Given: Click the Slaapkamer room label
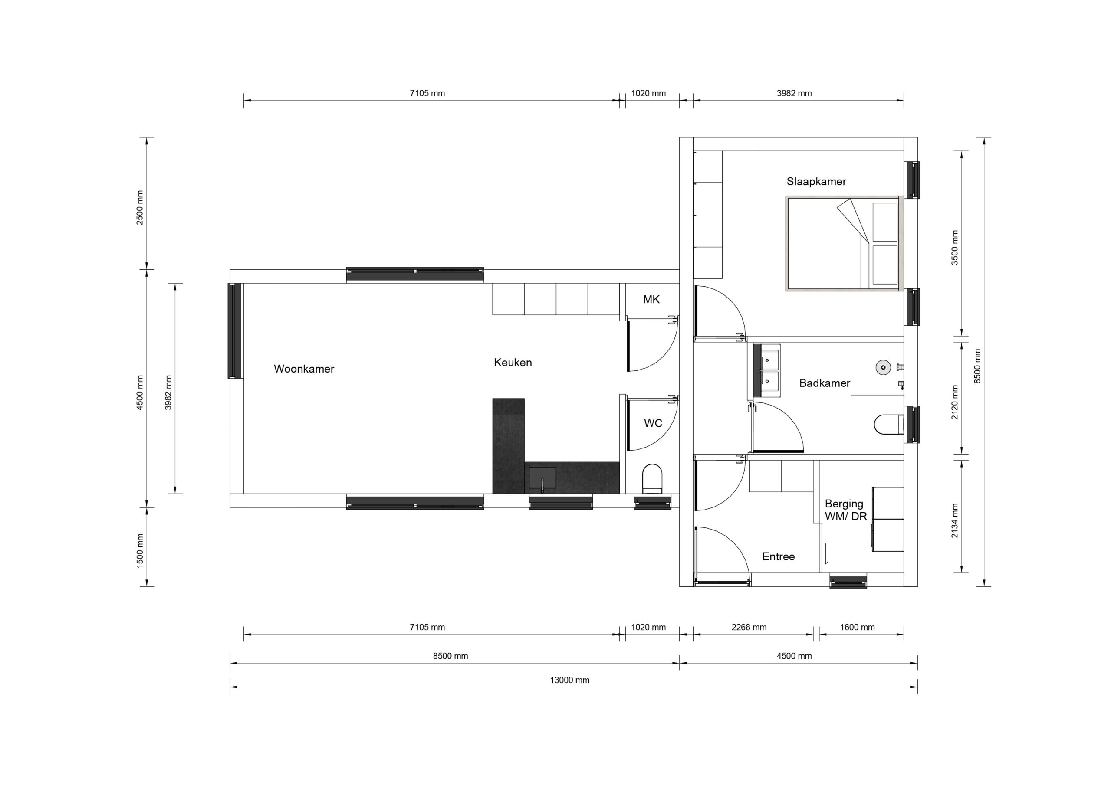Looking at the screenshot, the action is click(816, 182).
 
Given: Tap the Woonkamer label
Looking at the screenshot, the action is click(304, 369).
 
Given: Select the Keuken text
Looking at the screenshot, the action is click(513, 363).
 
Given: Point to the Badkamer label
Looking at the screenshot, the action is click(825, 383).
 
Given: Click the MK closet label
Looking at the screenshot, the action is click(651, 300).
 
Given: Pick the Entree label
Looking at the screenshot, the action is click(779, 557).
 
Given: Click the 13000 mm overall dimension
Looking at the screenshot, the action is click(569, 680).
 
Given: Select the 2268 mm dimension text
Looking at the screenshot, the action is click(749, 627).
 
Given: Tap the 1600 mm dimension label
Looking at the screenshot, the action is click(858, 627).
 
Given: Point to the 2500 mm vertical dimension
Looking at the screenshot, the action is click(140, 207).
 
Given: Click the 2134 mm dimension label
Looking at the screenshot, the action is click(955, 521).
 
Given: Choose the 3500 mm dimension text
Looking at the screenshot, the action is click(955, 247).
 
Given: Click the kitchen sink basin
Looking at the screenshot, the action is click(542, 478).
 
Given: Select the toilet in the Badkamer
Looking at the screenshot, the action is click(889, 424).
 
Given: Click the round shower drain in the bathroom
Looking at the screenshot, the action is click(884, 367).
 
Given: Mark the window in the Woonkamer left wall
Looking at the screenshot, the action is click(235, 330).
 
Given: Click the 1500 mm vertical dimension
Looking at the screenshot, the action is click(140, 551).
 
